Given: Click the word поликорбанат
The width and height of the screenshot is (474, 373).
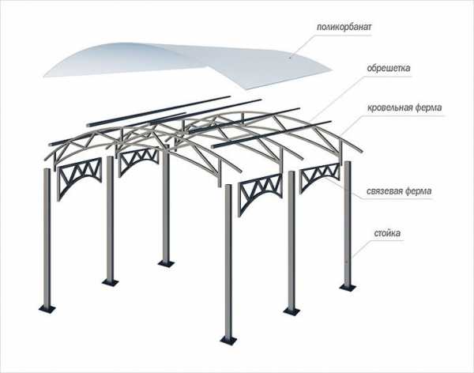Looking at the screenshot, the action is [x=344, y=27].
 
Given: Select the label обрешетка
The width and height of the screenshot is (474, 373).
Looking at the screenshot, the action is [x=389, y=68].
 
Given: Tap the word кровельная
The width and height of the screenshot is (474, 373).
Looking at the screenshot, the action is [x=389, y=107].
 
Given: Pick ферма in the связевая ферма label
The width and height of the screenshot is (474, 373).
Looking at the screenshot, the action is [x=419, y=191].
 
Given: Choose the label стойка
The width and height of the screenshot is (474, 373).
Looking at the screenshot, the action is [x=387, y=233].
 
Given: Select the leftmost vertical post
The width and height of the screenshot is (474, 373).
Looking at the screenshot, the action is [x=47, y=239].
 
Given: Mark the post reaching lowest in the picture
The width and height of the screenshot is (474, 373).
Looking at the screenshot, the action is [x=229, y=263].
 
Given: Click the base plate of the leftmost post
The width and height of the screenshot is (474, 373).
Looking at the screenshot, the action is [x=47, y=309].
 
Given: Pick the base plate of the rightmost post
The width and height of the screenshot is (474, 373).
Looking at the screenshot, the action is [x=348, y=287].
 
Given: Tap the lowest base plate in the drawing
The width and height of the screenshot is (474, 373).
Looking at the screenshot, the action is [x=229, y=340].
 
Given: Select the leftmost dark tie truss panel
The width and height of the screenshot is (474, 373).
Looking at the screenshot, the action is [x=79, y=178].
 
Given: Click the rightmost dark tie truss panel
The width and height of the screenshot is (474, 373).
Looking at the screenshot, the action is [x=320, y=175].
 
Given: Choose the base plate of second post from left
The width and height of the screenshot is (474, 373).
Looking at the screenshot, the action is [x=111, y=282].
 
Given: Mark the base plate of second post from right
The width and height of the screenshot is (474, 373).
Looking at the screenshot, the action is [x=292, y=311].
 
